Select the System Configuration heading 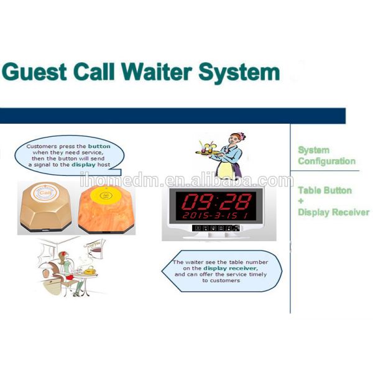click(x=326, y=155)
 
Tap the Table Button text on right click(x=325, y=190)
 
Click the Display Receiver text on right click(x=333, y=212)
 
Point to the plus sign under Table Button click(x=300, y=201)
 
